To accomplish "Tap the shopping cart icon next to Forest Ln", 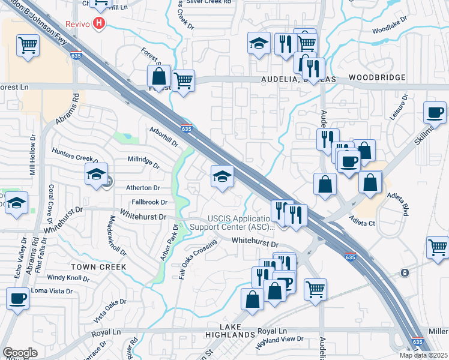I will (183, 80).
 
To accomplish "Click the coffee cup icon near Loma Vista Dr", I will (18, 298).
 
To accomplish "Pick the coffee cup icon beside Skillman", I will (434, 112).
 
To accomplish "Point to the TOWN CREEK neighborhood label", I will (99, 266).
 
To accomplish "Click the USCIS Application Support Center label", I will (232, 222).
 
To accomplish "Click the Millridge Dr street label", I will (144, 162).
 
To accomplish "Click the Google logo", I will (20, 353).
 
